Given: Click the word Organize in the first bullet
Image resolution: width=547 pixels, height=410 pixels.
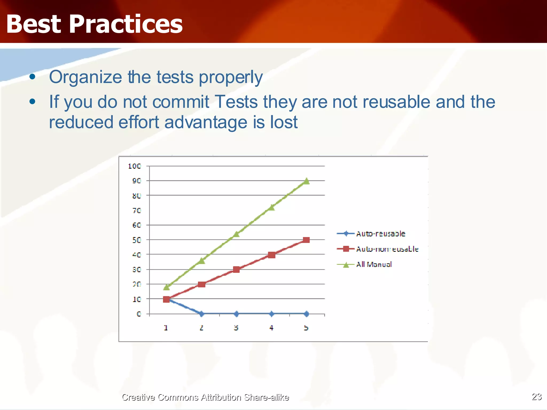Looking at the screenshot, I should (85, 77).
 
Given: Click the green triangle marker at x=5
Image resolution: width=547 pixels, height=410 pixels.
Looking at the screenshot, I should (306, 181).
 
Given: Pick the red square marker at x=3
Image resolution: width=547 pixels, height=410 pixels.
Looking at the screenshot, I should (236, 269).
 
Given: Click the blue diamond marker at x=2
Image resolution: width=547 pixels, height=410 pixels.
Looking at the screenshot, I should (202, 314).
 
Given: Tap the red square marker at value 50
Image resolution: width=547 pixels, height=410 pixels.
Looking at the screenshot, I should (306, 240).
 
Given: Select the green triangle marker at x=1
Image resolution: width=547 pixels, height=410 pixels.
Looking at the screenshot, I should (166, 287).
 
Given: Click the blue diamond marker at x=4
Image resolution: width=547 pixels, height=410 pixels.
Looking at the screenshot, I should (271, 314).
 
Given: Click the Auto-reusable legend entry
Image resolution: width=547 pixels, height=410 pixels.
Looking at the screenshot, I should (380, 234).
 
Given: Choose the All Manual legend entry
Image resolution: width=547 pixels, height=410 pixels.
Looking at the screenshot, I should (374, 265).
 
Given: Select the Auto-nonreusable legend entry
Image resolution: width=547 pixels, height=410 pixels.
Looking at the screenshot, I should (387, 249).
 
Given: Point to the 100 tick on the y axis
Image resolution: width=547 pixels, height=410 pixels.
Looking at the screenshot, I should (134, 166).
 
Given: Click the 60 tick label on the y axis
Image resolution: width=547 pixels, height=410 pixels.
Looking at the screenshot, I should (136, 225).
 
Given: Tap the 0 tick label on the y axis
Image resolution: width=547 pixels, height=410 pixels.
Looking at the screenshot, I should (139, 314).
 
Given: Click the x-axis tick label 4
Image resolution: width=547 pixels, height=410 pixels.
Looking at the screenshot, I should (271, 328).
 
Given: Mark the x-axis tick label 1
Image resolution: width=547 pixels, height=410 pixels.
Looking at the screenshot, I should (166, 328).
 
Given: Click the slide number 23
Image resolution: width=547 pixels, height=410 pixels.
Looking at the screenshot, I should (536, 397).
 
